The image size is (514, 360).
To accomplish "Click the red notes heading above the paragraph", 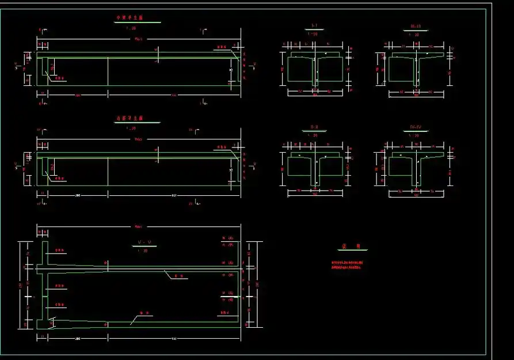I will (x=352, y=246).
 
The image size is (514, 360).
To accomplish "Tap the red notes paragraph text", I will (x=347, y=266).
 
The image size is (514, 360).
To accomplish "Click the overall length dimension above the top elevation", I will (x=139, y=39).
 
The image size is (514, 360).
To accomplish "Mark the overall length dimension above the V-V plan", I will (x=139, y=226).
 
